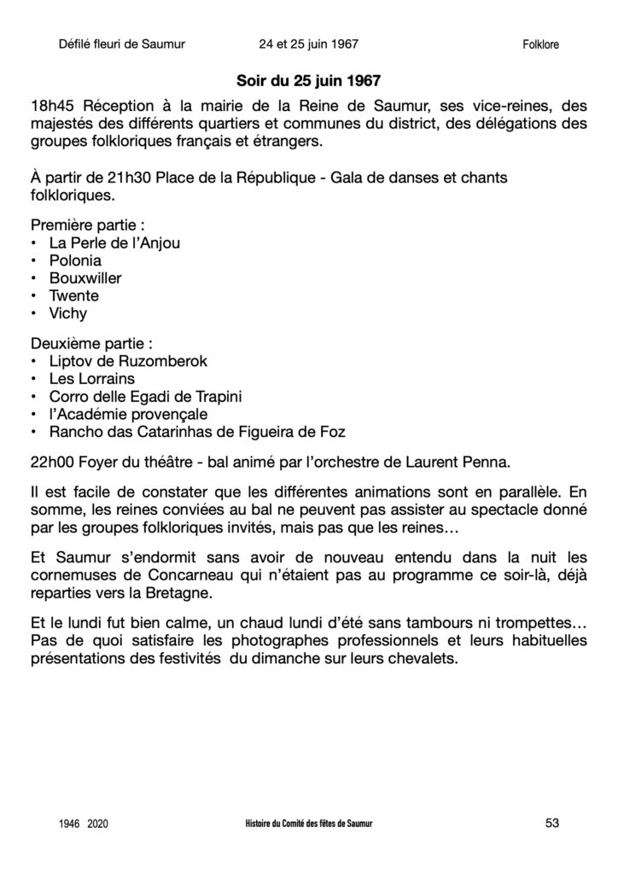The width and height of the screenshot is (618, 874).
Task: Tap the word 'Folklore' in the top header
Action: pyautogui.click(x=540, y=44)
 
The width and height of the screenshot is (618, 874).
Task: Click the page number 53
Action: pyautogui.click(x=551, y=823)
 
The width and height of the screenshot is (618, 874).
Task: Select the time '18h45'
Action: pyautogui.click(x=50, y=106)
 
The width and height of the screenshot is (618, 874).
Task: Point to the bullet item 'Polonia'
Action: pyautogui.click(x=75, y=260)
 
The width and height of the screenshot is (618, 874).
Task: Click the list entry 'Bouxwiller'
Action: pyautogui.click(x=85, y=278)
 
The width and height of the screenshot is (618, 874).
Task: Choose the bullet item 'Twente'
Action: pyautogui.click(x=74, y=296)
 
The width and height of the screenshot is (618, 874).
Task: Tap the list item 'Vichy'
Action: pyautogui.click(x=69, y=313)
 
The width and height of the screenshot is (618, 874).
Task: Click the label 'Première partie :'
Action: pyautogui.click(x=87, y=225)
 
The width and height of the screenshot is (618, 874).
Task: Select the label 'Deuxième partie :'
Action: pyautogui.click(x=91, y=344)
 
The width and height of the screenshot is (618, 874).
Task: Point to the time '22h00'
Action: pyautogui.click(x=50, y=463)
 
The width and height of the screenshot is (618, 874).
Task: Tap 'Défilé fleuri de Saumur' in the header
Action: pyautogui.click(x=123, y=44)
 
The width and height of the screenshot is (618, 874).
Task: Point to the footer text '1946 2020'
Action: pyautogui.click(x=85, y=824)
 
